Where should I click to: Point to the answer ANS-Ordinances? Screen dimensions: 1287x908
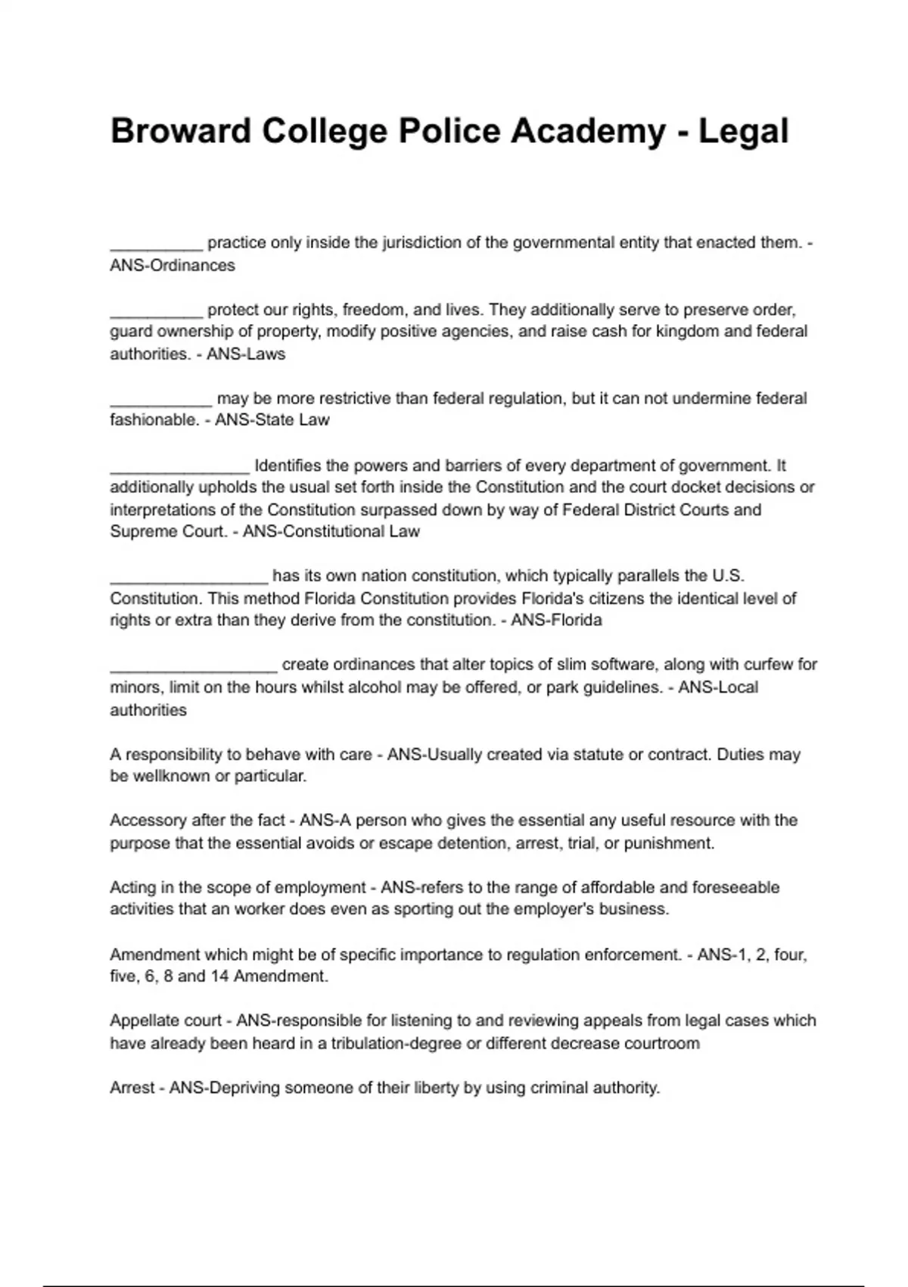point(173,266)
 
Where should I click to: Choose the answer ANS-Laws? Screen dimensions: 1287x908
point(246,354)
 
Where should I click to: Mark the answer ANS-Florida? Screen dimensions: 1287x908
point(556,621)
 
